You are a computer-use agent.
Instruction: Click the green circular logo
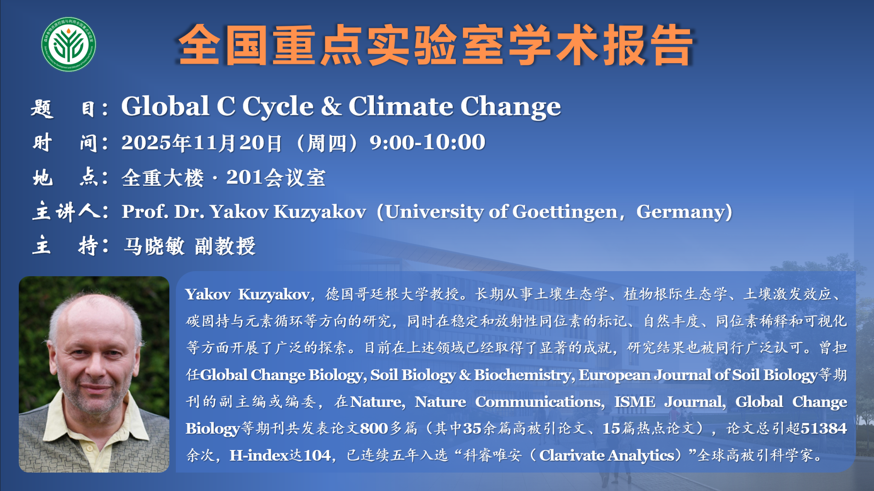click(x=68, y=44)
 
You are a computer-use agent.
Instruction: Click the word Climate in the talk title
click(x=401, y=106)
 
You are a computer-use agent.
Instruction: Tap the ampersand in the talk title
click(x=331, y=106)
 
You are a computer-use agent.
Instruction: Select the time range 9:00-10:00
click(x=427, y=142)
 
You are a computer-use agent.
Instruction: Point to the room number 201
click(x=244, y=177)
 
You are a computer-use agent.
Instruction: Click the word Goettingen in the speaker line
click(x=565, y=212)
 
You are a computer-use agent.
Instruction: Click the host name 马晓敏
click(x=154, y=246)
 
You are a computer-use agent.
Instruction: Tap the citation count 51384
click(x=824, y=428)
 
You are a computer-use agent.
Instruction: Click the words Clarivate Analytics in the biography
click(x=607, y=456)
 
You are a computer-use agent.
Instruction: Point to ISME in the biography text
click(x=635, y=402)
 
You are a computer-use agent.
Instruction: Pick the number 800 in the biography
click(x=374, y=428)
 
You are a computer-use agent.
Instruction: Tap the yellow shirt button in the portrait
click(x=89, y=448)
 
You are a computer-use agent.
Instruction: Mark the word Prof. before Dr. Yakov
click(x=145, y=212)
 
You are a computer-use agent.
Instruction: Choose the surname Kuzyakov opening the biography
click(x=274, y=295)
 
